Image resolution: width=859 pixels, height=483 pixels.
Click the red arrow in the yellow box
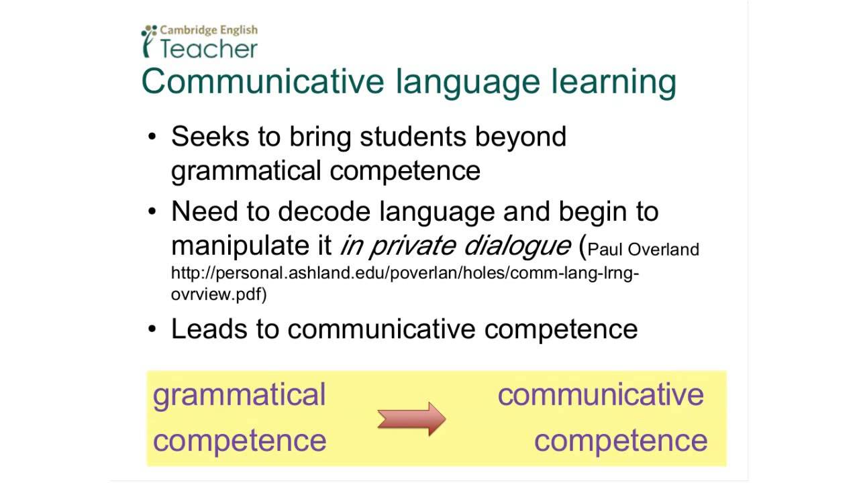(411, 419)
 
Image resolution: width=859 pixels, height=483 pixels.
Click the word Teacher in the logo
(209, 49)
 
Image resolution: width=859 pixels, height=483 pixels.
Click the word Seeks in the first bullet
(209, 136)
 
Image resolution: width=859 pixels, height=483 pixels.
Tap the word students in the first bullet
(413, 136)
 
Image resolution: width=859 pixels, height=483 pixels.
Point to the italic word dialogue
(515, 246)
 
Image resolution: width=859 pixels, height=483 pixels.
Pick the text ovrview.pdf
(218, 294)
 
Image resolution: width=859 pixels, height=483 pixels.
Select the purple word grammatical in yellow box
(239, 395)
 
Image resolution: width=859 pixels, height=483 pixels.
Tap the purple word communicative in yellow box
(601, 394)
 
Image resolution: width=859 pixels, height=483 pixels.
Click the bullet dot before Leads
(152, 329)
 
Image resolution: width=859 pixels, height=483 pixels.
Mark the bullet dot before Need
(152, 212)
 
